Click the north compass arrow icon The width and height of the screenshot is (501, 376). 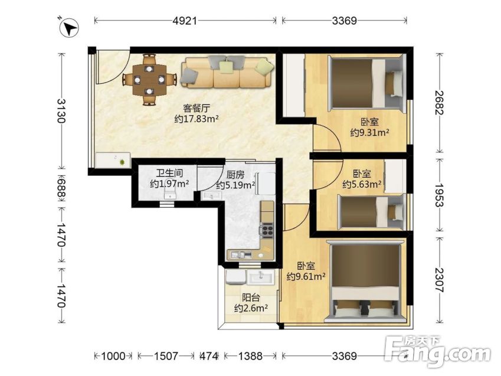[69, 28]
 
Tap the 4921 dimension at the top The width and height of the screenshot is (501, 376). [185, 21]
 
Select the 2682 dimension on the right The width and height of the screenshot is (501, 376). [439, 103]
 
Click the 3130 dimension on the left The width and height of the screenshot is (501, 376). [61, 110]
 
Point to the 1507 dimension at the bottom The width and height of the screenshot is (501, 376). [166, 356]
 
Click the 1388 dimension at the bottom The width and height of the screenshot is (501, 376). [250, 356]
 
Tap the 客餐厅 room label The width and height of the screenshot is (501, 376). [196, 108]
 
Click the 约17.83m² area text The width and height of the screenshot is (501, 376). [196, 119]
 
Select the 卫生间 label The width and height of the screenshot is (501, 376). [169, 173]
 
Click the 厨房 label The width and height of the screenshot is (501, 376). [235, 175]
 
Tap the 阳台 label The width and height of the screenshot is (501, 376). [250, 297]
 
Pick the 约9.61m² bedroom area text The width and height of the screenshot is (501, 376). [306, 276]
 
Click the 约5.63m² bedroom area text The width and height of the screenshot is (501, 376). [362, 185]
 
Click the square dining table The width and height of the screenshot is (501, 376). [149, 80]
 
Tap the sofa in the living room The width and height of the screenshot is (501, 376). [227, 72]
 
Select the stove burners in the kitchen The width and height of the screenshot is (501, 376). [267, 230]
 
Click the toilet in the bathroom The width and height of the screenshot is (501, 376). [170, 194]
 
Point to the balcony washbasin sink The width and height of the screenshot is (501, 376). [261, 277]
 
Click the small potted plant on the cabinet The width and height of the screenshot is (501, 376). [122, 162]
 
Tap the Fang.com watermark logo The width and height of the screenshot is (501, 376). [438, 351]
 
